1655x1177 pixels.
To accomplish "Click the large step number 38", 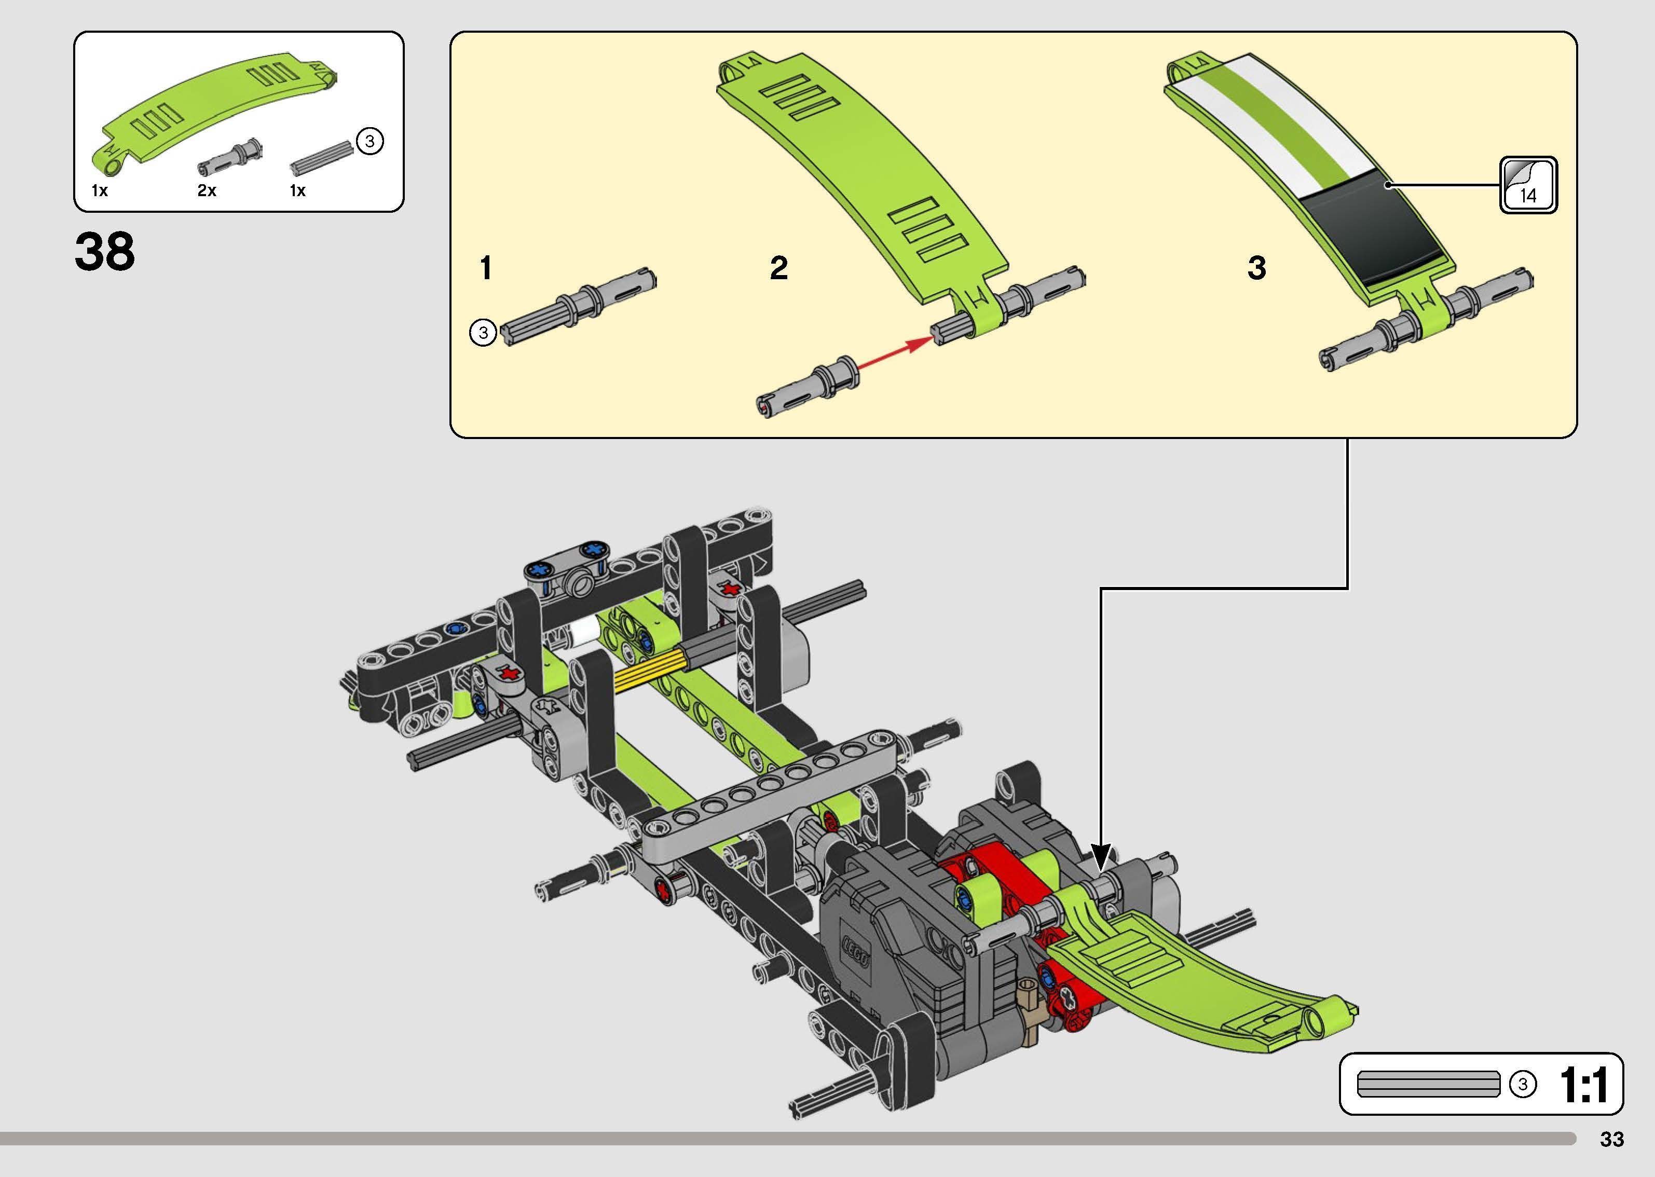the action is pos(104,252).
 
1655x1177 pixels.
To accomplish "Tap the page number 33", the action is pos(1611,1139).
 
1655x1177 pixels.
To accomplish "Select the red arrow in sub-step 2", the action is pos(894,355).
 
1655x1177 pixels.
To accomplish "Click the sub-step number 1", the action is pos(486,268).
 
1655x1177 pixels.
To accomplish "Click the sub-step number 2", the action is pos(779,268).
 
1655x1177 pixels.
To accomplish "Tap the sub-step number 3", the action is pos(1257,268).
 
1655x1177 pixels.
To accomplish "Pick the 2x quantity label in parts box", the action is pos(207,190).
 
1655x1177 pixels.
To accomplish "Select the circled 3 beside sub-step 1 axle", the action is pos(483,333).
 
